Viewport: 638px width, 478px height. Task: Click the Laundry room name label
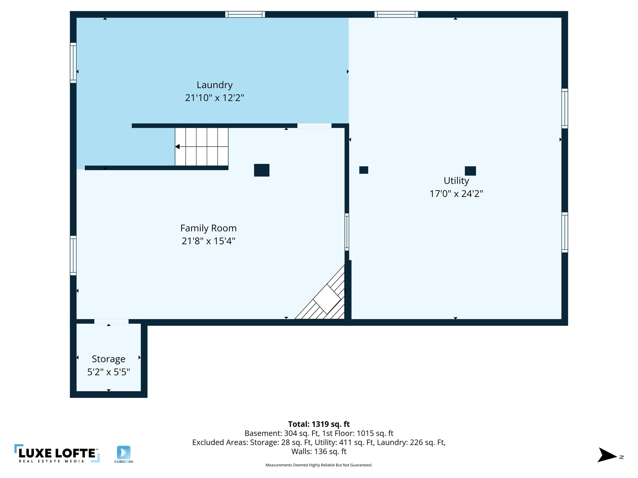[x=215, y=85]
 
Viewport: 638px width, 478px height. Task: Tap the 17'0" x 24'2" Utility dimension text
[x=456, y=194]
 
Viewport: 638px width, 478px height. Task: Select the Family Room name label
[x=208, y=228]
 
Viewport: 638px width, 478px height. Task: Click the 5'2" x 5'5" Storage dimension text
[x=108, y=372]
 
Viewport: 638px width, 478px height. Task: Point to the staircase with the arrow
[x=202, y=147]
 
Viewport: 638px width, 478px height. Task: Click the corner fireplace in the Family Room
[x=327, y=299]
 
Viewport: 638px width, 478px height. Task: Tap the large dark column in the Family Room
[x=262, y=170]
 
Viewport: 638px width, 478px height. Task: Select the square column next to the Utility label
[x=470, y=171]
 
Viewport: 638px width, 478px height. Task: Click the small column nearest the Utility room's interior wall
[x=364, y=170]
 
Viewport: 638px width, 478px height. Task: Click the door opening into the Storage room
[x=111, y=321]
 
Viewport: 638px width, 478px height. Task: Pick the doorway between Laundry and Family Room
[x=314, y=126]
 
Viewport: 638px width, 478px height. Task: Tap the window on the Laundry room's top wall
[x=245, y=14]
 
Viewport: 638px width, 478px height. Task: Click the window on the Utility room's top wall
[x=396, y=14]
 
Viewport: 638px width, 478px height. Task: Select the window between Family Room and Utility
[x=347, y=232]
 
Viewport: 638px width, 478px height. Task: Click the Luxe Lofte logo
[x=57, y=453]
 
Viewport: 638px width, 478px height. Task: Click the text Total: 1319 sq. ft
[x=319, y=424]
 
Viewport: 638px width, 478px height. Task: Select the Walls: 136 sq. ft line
[x=319, y=452]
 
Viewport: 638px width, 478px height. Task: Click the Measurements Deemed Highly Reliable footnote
[x=319, y=465]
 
